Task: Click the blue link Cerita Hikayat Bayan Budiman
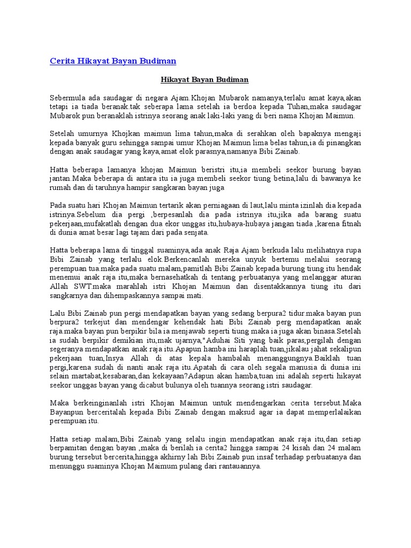coord(113,60)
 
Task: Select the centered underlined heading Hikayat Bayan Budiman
coord(205,80)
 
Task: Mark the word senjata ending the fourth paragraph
coord(196,233)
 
